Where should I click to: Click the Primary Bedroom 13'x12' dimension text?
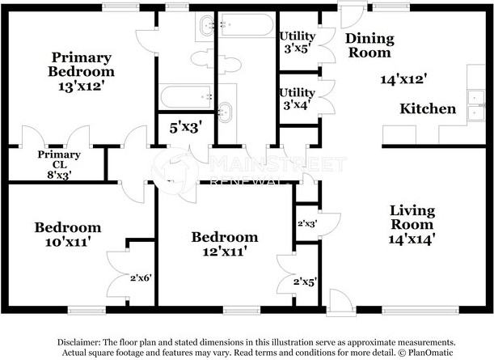(81, 86)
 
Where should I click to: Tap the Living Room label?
(412, 218)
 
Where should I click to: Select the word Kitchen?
(428, 108)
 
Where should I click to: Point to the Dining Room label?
(369, 45)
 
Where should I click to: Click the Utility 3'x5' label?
(298, 42)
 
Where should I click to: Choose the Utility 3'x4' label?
(297, 99)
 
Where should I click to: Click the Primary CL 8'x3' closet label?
(59, 164)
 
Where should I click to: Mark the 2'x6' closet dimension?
(141, 277)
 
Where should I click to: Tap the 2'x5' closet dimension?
(305, 282)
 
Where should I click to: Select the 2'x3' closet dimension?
(307, 224)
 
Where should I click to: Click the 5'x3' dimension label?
(186, 128)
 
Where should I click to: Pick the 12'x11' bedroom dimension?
(224, 252)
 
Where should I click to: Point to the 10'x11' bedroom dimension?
(68, 242)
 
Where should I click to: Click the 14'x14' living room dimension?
(412, 239)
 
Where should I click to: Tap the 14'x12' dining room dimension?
(403, 78)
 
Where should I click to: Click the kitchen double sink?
(476, 105)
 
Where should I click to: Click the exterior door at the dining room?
(353, 15)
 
